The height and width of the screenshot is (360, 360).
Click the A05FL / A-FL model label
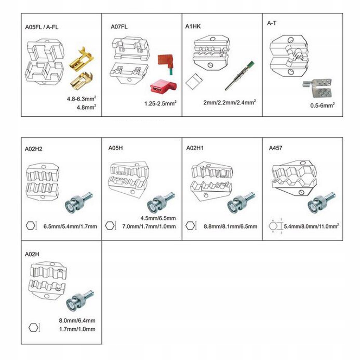tap(42, 27)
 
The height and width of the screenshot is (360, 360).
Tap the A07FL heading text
tap(119, 26)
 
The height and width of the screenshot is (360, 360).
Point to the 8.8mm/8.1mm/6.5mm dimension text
tap(230, 226)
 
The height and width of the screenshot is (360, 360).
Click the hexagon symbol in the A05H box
tap(110, 225)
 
